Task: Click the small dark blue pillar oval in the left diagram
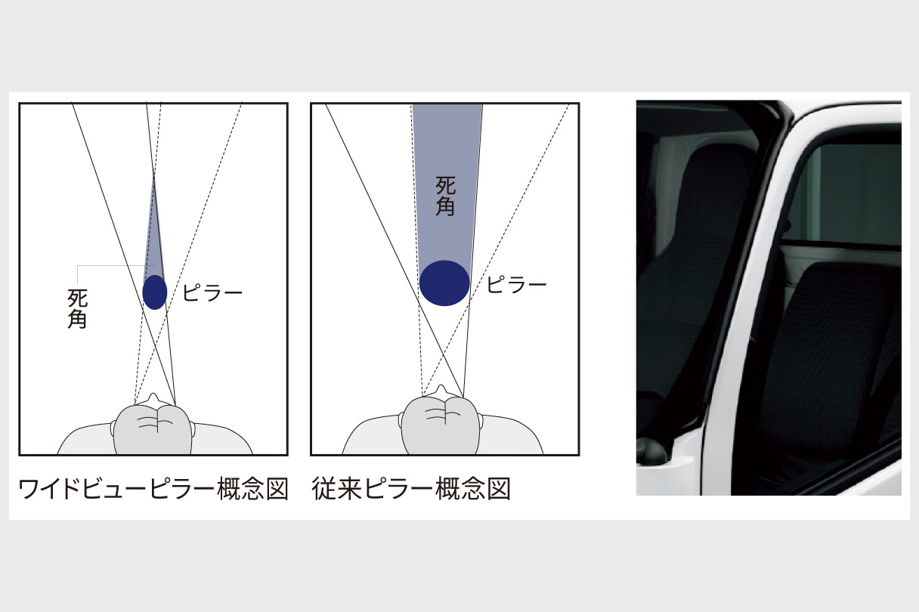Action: pos(155,292)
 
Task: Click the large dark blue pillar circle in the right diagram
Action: pos(444,283)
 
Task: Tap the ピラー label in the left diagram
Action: pos(212,293)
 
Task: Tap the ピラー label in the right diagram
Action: pos(516,285)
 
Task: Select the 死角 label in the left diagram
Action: pos(77,309)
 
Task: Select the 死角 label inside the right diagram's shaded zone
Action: pos(445,196)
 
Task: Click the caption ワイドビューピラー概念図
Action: pos(153,489)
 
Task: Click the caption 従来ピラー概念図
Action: pos(411,489)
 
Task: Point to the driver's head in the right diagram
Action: pos(441,427)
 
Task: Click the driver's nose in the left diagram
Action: pos(153,398)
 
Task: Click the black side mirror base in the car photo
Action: pos(652,450)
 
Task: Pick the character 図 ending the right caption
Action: pos(499,489)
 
